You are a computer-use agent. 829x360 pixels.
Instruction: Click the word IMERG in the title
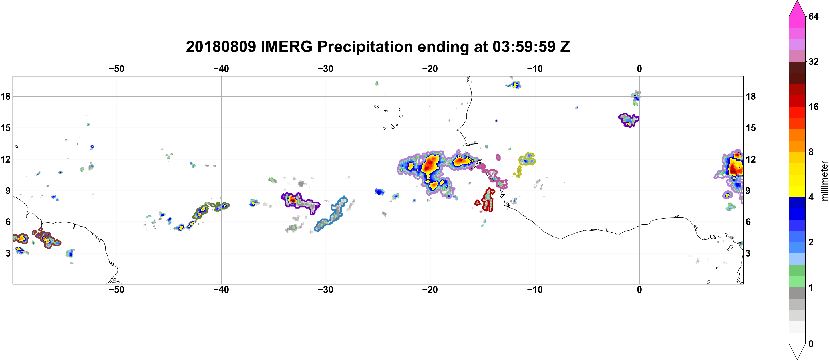click(286, 47)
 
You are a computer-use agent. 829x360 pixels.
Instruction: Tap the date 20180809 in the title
click(221, 47)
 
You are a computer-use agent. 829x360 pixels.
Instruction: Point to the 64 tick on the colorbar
click(814, 16)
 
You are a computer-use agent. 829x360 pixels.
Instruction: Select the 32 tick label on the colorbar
click(814, 61)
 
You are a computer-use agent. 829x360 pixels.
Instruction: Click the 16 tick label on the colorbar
click(814, 107)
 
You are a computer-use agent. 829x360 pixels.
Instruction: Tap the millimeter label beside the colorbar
click(824, 181)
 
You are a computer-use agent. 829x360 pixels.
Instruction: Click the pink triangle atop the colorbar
click(797, 8)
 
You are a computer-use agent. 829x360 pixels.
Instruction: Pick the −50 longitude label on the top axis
click(116, 69)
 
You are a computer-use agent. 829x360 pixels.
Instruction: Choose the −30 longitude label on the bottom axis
click(326, 290)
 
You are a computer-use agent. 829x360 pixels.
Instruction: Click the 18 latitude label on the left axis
click(6, 96)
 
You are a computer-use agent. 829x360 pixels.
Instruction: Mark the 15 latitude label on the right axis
click(751, 128)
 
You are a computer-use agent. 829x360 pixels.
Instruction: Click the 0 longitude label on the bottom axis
click(639, 290)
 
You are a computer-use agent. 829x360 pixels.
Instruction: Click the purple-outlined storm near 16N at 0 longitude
click(629, 120)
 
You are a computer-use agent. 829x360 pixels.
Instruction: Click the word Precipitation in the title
click(365, 47)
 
